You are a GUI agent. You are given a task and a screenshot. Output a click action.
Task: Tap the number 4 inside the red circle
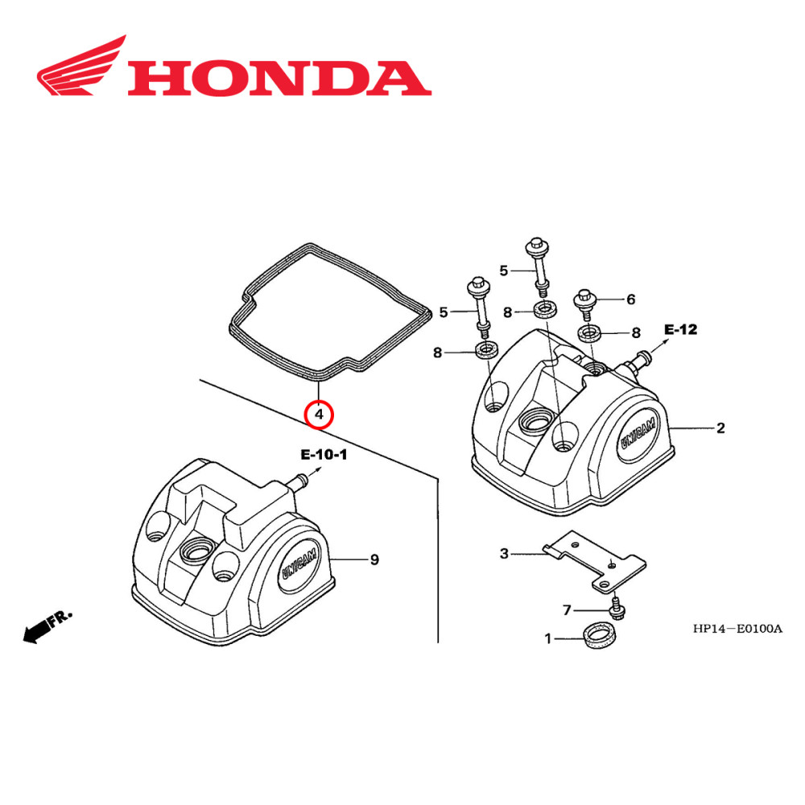point(319,415)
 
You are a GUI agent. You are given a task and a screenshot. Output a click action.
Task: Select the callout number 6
point(631,299)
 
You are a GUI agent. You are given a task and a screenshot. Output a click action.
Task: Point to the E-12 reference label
point(680,329)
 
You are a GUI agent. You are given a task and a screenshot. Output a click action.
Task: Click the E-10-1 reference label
point(324,455)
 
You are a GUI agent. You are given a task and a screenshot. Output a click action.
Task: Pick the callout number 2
point(720,427)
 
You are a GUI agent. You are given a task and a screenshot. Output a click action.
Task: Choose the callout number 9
point(374,559)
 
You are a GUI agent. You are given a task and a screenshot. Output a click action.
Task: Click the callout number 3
point(504,553)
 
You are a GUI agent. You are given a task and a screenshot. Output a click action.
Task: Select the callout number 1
point(548,639)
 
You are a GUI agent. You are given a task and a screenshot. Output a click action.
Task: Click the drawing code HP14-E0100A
point(737,629)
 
